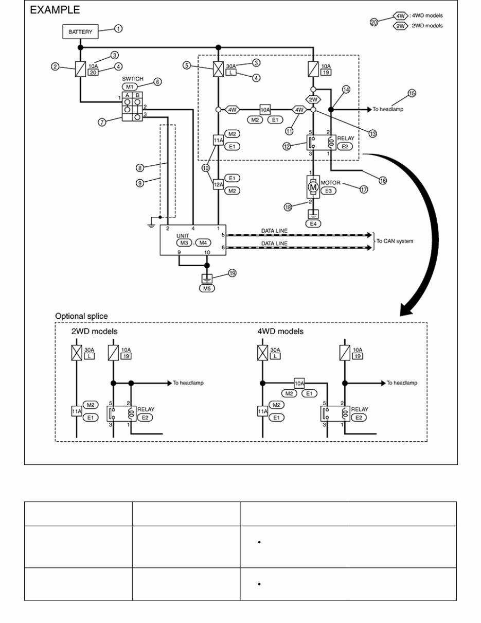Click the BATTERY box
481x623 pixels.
(80, 31)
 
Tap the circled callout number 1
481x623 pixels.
(118, 29)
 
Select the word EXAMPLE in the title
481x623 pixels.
(55, 10)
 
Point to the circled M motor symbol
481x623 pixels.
(313, 188)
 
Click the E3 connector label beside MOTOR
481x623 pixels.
(328, 191)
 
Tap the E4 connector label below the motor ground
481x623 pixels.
(313, 223)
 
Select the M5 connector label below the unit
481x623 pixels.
(207, 288)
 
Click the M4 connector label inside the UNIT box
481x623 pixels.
(204, 243)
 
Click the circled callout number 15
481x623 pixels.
(412, 93)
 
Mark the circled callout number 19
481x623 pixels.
(232, 273)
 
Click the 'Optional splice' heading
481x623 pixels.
(81, 316)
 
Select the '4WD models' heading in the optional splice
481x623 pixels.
(280, 331)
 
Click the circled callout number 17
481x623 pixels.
(364, 189)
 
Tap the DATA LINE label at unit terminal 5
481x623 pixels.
(274, 230)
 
